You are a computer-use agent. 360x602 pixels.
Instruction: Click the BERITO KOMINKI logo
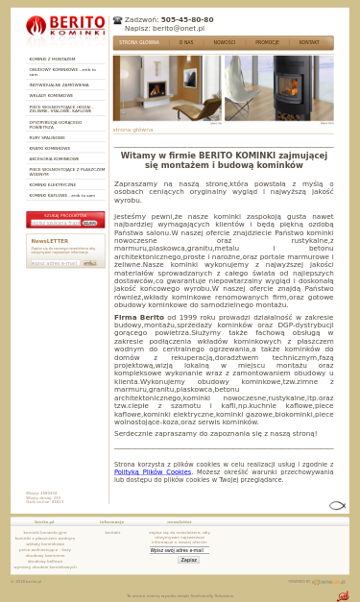65,27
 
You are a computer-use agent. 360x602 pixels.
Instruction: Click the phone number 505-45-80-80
186,19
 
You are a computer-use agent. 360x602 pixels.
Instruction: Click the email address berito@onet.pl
178,28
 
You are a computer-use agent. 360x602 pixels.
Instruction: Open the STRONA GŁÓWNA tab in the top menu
139,42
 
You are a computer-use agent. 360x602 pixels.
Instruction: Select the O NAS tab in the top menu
186,42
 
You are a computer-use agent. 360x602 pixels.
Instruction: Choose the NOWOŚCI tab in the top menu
224,42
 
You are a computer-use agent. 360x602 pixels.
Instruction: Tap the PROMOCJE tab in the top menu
267,42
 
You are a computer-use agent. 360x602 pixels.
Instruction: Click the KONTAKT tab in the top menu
309,42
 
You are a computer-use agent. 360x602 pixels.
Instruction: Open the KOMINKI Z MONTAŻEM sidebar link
52,60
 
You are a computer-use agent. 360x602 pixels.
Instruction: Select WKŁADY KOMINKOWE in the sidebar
51,96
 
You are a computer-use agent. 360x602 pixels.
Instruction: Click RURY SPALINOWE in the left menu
47,137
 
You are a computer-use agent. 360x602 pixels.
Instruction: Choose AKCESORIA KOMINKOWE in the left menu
54,158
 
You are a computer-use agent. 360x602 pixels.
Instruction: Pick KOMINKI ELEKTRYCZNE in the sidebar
52,184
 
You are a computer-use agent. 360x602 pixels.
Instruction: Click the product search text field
55,223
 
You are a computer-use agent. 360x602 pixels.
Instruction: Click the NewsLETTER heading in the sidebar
50,241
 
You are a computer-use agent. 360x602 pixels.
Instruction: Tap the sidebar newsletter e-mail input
54,262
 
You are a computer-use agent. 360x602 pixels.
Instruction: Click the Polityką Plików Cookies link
153,471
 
